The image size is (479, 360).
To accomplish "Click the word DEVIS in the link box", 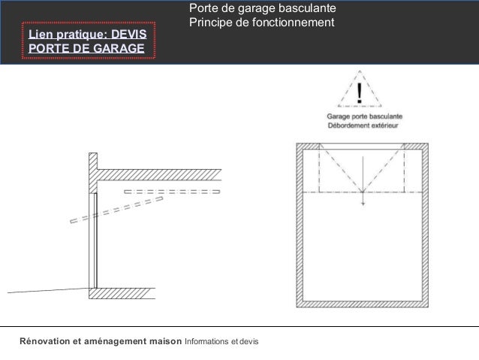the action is (x=128, y=35).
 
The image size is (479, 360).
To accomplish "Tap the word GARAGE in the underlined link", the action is (x=119, y=48).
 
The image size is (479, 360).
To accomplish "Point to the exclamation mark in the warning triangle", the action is (x=360, y=93).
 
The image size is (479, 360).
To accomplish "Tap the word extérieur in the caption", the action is (x=384, y=126).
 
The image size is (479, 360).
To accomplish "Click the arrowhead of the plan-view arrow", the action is (x=363, y=203).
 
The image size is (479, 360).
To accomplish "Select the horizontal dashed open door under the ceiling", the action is (x=172, y=192).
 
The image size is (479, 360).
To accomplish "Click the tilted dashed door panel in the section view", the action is (x=116, y=210).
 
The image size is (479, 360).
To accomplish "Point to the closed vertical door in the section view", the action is (x=95, y=241).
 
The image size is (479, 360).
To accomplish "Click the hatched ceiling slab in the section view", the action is (x=159, y=174).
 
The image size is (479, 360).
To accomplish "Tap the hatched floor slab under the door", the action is (x=122, y=293).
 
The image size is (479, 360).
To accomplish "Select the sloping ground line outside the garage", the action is (x=48, y=290).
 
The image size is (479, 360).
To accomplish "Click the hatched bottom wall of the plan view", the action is (x=363, y=304).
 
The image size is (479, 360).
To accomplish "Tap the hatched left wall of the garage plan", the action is (x=300, y=225).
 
